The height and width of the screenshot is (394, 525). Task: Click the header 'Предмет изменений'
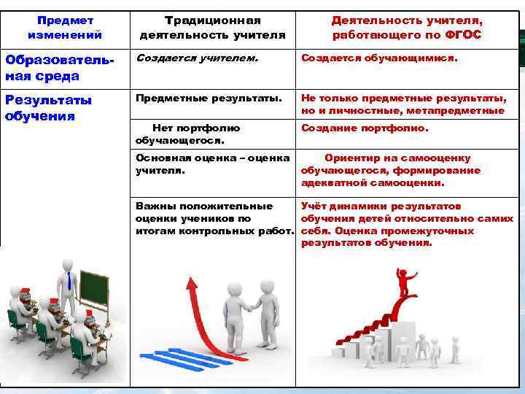(65, 28)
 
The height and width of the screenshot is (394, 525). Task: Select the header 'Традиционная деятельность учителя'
(212, 28)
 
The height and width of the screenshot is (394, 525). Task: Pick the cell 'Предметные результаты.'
(209, 98)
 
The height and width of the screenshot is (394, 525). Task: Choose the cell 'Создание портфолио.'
(365, 128)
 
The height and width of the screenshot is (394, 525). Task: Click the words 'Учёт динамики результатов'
(381, 206)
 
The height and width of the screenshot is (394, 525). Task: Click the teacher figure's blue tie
(69, 281)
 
